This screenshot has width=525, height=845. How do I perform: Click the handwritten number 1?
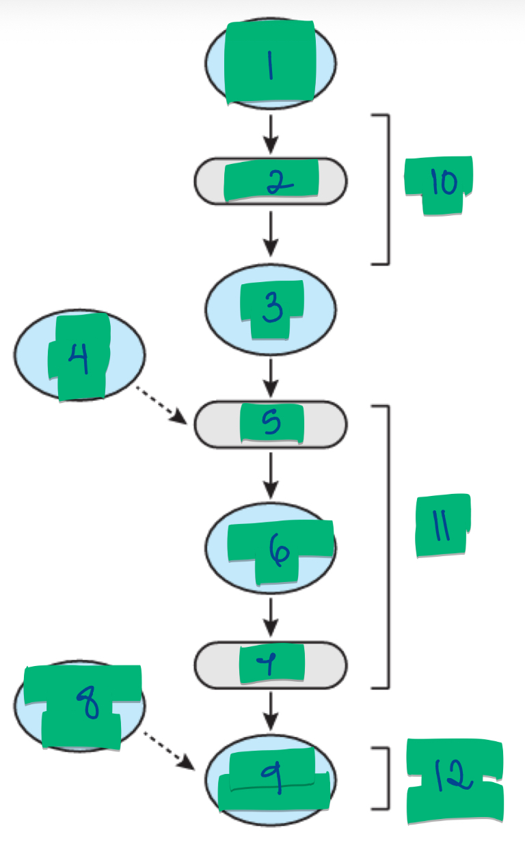pos(271,66)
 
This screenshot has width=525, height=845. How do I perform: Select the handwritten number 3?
pos(272,309)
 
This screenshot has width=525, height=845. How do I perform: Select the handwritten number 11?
pos(442,527)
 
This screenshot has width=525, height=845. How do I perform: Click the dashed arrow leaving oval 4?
pos(162,404)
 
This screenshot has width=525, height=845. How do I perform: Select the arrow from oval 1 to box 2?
pos(271,135)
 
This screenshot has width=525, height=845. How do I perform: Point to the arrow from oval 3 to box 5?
pos(271,379)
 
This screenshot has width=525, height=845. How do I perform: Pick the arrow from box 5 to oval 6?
pos(271,474)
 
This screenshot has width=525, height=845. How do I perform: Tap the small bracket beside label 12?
pos(388,778)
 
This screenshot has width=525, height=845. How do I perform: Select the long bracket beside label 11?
pos(388,546)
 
